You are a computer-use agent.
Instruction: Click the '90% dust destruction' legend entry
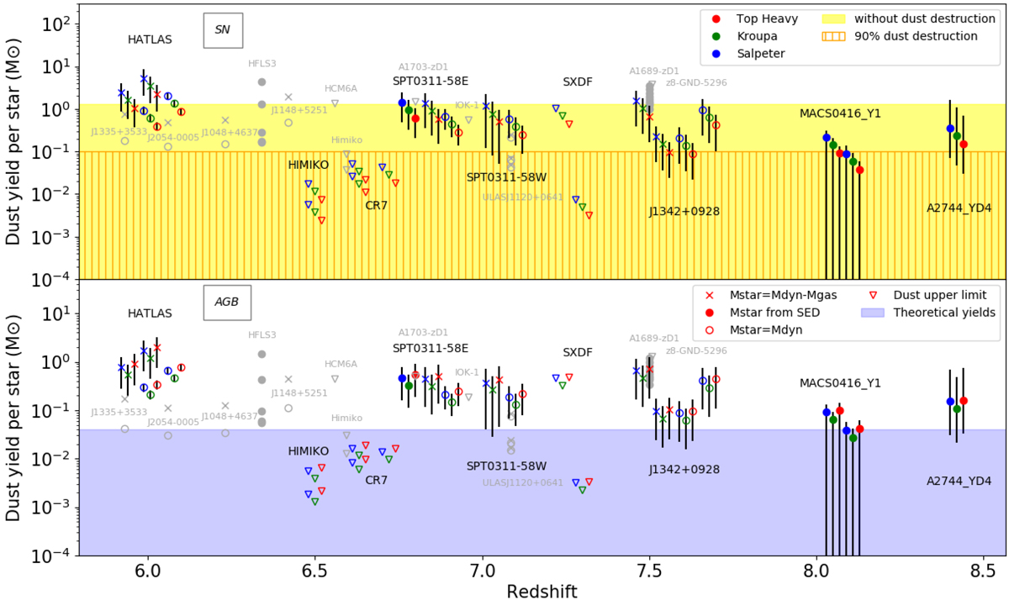pyautogui.click(x=917, y=36)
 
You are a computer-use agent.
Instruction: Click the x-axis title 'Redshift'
pyautogui.click(x=541, y=591)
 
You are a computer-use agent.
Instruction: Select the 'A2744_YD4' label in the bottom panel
pyautogui.click(x=959, y=482)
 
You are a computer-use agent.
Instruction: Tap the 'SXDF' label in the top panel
pyautogui.click(x=579, y=82)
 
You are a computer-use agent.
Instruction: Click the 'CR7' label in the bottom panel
pyautogui.click(x=377, y=481)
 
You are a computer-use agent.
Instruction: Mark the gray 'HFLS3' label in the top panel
pyautogui.click(x=262, y=63)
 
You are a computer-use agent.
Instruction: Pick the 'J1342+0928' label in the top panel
pyautogui.click(x=684, y=212)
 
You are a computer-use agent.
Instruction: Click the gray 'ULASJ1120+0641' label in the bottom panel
pyautogui.click(x=522, y=482)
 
